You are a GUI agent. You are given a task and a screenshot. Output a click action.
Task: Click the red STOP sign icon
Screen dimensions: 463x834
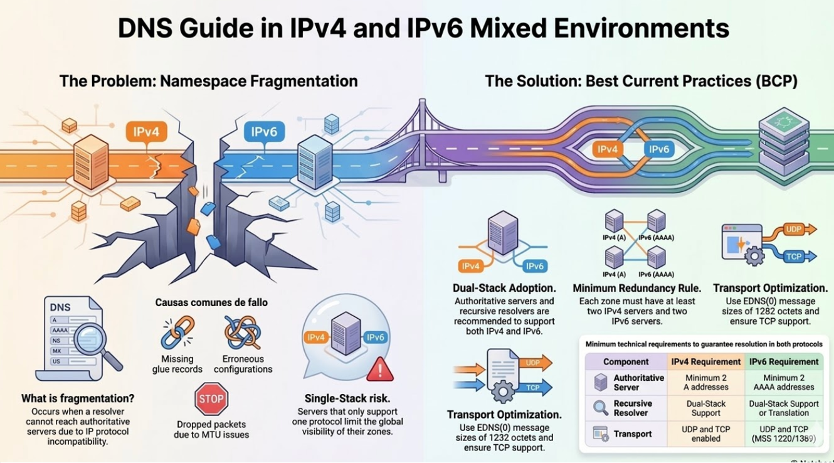pos(211,399)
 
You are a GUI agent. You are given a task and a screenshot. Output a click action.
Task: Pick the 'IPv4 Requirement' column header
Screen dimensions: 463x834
pos(705,361)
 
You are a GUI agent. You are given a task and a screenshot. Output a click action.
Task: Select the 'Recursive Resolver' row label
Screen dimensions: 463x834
pos(632,408)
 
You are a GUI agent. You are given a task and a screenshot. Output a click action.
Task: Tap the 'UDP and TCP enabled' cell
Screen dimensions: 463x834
pos(705,434)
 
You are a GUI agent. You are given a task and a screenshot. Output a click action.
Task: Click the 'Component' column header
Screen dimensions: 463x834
pos(626,361)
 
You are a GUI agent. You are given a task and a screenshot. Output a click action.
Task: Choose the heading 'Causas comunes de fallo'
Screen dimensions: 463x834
pos(211,302)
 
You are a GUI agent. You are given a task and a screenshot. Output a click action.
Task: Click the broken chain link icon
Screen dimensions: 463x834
pos(177,333)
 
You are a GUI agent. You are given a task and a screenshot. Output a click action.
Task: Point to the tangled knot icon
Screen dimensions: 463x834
pos(243,333)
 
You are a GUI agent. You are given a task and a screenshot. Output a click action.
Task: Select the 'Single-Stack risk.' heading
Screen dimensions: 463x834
pos(347,398)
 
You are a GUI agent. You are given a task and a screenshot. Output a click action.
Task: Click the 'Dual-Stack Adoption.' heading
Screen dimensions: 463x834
pos(504,288)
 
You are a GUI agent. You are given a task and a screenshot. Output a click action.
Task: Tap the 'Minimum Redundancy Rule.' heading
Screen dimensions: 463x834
pos(636,288)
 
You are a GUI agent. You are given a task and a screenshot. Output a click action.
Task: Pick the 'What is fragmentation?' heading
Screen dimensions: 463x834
pos(78,398)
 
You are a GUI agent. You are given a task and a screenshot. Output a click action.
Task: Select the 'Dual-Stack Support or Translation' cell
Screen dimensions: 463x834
pos(784,408)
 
